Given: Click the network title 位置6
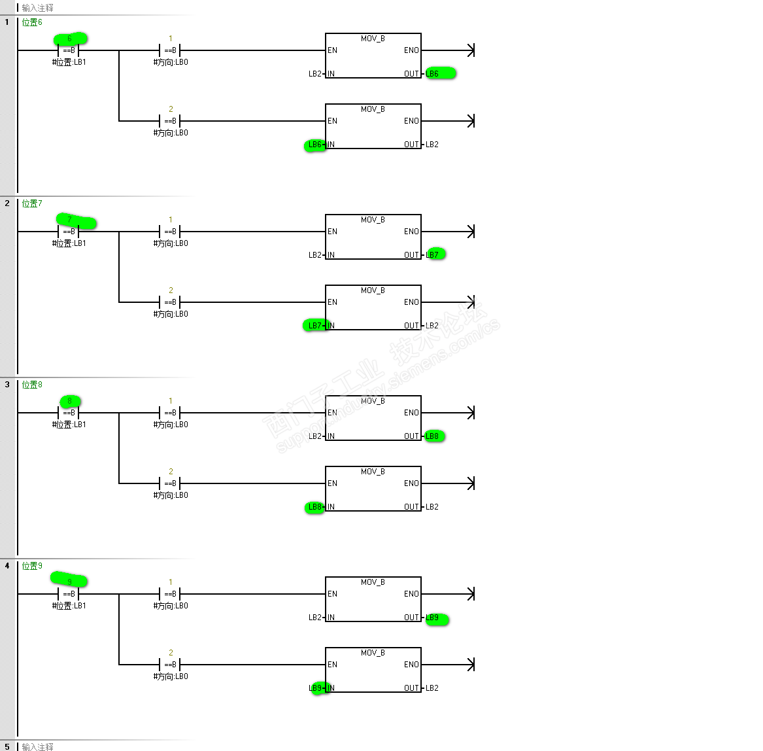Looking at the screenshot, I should (x=32, y=22).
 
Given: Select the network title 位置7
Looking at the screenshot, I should (x=32, y=203).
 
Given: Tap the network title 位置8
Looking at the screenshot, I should (x=32, y=385).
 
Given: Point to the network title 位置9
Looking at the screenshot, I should (x=32, y=566).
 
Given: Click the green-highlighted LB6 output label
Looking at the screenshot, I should (x=433, y=73).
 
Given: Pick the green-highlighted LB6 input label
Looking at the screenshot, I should (x=314, y=145).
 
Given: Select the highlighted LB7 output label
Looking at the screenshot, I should (x=433, y=254).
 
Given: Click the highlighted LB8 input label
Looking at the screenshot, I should (x=314, y=507).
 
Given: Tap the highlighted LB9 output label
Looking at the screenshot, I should (x=433, y=618).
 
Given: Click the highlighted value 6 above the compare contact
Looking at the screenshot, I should (x=69, y=39).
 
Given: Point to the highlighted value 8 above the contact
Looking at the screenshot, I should (x=69, y=401).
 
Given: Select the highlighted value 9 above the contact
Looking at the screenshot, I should (x=69, y=582).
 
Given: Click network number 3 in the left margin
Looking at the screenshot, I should (x=7, y=385).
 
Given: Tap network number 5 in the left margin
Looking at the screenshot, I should (x=7, y=746).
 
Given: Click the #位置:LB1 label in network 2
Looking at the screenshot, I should (x=69, y=243).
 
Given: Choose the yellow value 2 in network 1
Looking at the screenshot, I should (x=171, y=109).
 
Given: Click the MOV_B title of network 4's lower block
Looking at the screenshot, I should (x=373, y=653).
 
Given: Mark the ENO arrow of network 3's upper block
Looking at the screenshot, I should (x=470, y=413).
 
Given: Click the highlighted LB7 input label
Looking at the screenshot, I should (x=314, y=326).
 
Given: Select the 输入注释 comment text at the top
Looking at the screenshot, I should (x=37, y=8).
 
